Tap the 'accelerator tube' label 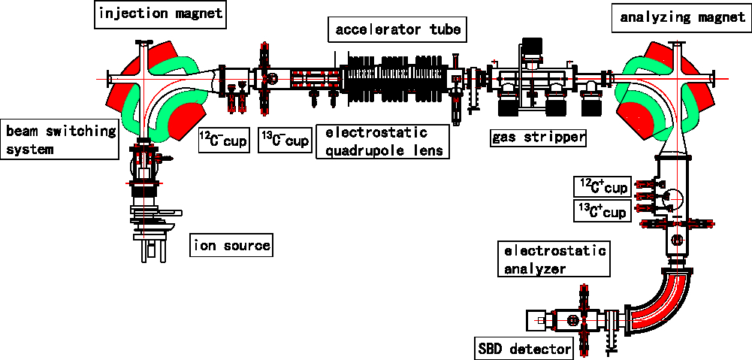point(398,31)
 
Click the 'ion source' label point(231,245)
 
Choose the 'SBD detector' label point(524,349)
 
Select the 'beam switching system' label point(60,140)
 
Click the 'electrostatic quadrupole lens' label point(382,141)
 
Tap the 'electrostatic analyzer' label point(554,259)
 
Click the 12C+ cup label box point(602,186)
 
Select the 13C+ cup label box point(602,211)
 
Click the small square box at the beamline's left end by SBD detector point(538,321)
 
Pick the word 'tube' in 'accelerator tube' point(444,31)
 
